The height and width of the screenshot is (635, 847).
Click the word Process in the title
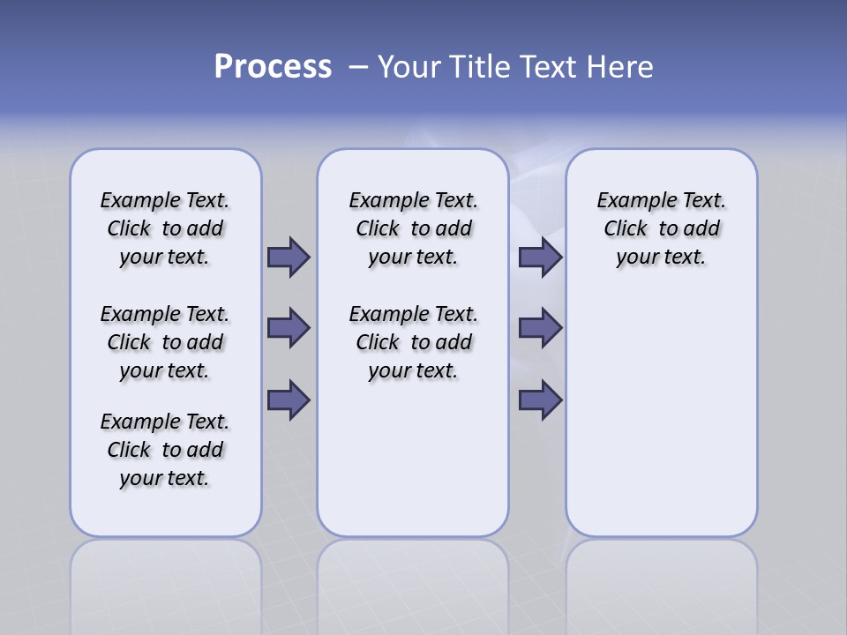click(273, 67)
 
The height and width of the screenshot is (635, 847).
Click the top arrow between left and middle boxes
click(289, 257)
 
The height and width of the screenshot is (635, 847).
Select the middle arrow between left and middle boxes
click(289, 328)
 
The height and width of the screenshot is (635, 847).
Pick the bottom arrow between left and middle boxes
click(289, 400)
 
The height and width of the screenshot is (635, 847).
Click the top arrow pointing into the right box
click(540, 257)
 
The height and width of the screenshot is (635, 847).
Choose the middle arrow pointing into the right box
click(540, 328)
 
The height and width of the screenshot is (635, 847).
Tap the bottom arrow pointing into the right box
click(540, 400)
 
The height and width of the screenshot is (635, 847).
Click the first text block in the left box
click(165, 228)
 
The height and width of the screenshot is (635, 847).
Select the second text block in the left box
click(165, 342)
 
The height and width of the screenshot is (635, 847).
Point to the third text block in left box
click(165, 450)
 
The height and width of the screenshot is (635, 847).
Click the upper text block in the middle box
click(413, 228)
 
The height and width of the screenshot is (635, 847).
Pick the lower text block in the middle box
click(413, 342)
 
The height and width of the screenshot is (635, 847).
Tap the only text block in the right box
click(661, 228)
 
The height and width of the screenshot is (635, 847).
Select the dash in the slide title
click(359, 67)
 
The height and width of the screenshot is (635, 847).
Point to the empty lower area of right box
click(661, 415)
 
